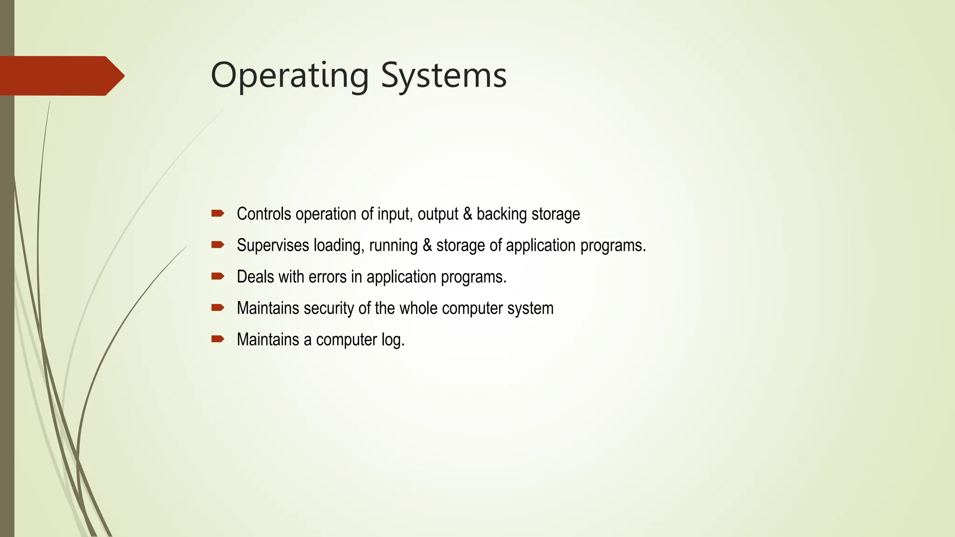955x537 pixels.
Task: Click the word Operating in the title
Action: click(290, 76)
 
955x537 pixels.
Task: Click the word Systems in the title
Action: click(443, 76)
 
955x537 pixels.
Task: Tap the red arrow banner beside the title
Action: click(61, 76)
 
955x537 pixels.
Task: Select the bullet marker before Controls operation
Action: click(218, 213)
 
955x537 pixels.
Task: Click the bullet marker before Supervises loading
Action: click(218, 245)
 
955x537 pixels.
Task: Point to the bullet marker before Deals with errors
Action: click(218, 276)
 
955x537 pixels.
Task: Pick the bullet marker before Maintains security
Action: click(218, 308)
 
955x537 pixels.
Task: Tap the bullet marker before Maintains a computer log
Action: click(218, 339)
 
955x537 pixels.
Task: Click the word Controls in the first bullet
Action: click(264, 214)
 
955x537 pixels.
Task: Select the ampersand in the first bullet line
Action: click(467, 214)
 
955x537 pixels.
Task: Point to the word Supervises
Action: click(273, 246)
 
